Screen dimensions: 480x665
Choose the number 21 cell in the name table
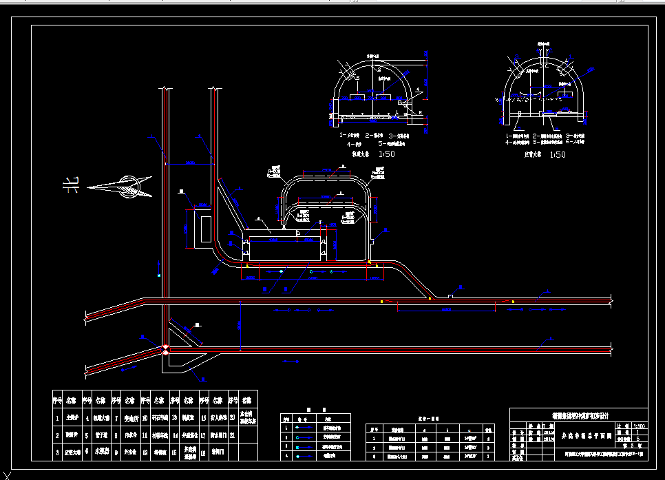233,435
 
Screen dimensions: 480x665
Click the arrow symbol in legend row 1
300,427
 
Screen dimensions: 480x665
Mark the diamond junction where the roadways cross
165,350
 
